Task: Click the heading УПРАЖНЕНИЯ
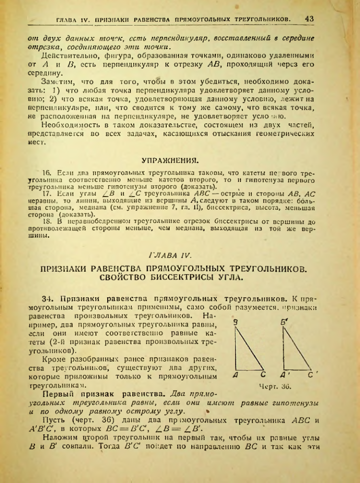[x=170, y=160]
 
